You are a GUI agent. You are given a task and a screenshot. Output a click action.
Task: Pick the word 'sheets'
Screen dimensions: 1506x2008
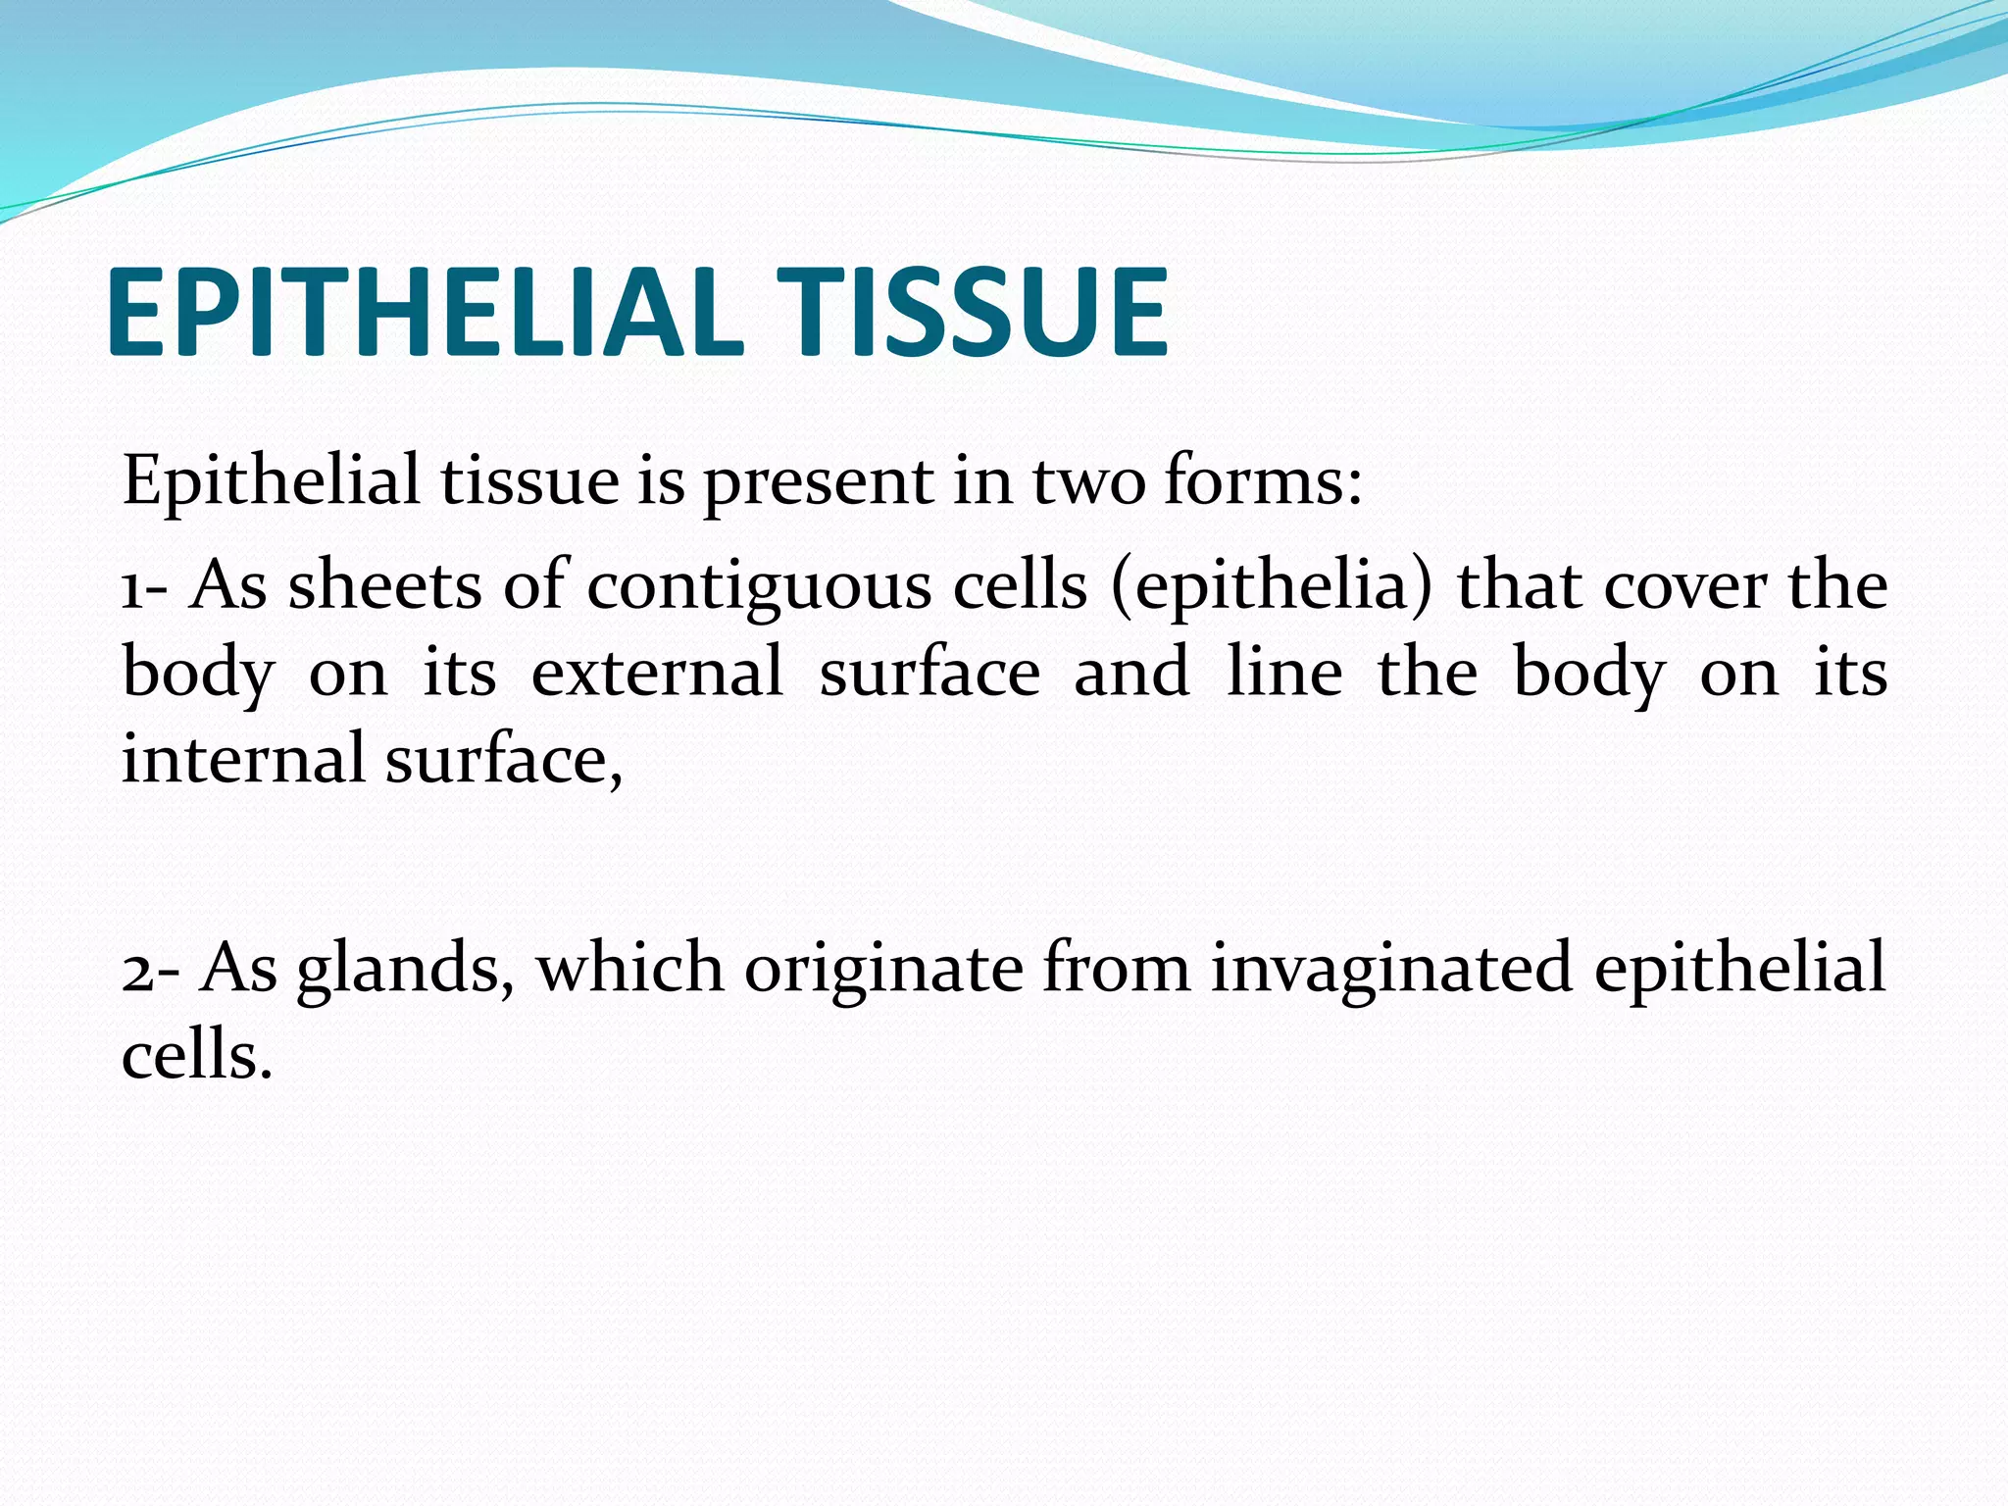(384, 586)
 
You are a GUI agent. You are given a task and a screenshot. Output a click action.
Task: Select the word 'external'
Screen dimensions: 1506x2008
(657, 673)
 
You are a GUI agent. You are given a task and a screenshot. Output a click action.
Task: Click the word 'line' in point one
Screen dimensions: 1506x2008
(1284, 673)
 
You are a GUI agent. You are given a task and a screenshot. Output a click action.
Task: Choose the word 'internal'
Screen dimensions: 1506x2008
(243, 759)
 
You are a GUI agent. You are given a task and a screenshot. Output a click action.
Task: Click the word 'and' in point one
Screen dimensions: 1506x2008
(1131, 673)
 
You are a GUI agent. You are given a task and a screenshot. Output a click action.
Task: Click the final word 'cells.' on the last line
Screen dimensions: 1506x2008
(196, 1057)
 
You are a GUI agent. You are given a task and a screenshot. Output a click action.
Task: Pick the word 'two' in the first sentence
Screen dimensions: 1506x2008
(1088, 482)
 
